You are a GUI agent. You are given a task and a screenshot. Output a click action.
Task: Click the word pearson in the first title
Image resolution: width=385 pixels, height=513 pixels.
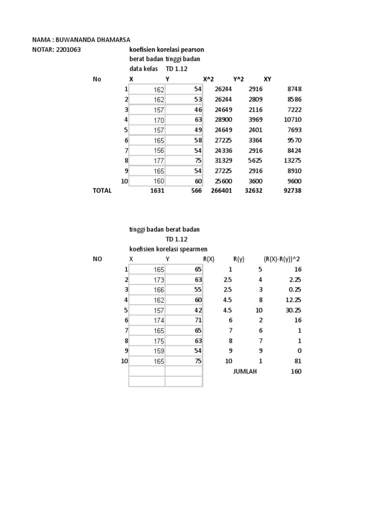[191, 50]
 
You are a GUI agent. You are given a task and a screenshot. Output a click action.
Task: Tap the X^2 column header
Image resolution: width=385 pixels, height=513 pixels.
[208, 79]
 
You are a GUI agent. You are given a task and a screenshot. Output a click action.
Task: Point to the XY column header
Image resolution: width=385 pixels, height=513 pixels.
[267, 79]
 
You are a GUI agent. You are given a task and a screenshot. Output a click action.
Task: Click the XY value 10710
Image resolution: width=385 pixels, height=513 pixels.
[293, 120]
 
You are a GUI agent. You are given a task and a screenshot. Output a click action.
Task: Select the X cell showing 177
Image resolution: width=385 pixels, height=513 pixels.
[158, 160]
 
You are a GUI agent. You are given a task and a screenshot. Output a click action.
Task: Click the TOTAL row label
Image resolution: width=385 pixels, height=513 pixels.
[102, 191]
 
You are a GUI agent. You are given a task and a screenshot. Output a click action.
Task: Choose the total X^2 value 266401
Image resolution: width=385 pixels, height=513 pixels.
[221, 191]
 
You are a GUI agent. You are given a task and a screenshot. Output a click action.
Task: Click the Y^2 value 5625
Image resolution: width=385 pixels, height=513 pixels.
[255, 160]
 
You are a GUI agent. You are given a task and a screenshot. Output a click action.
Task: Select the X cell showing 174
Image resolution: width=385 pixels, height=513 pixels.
[158, 320]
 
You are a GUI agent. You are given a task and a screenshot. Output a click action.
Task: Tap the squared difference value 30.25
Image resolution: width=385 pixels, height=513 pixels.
[294, 310]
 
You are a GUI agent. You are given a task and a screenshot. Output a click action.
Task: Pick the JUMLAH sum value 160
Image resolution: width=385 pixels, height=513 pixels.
[296, 371]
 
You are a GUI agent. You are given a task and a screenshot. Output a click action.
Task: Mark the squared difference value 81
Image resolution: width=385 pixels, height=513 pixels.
[298, 361]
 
